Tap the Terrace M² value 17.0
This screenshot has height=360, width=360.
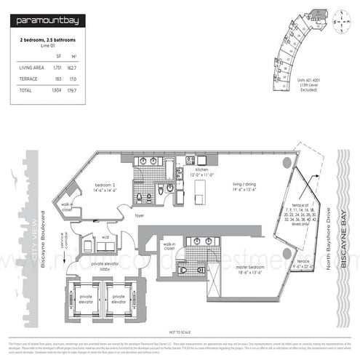pos(73,77)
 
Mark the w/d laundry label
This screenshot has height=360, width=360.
pos(105,236)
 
